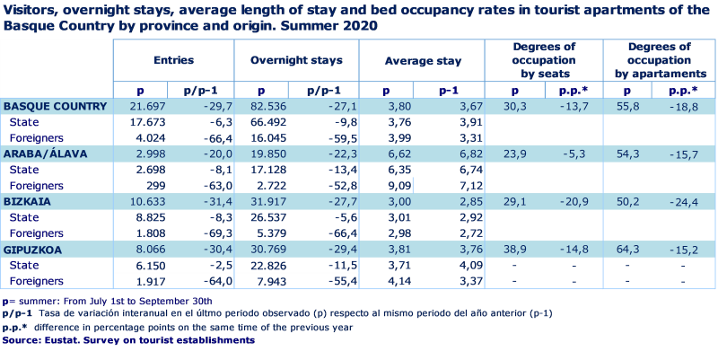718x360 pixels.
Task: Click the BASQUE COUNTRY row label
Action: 55,106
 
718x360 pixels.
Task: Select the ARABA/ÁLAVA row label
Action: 46,154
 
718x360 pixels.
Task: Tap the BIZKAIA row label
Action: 26,202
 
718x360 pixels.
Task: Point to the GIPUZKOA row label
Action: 34,250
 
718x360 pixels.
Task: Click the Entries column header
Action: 173,61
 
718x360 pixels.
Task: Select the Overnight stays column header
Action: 295,61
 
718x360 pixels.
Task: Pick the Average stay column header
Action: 423,61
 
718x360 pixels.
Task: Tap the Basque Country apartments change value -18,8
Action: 685,106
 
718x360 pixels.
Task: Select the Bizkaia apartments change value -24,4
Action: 685,202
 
